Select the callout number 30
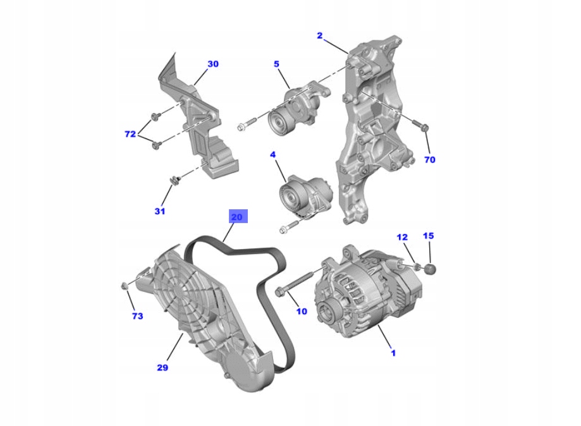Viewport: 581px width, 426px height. click(213, 64)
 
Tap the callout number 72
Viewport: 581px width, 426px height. click(130, 134)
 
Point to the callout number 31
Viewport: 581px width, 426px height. click(160, 211)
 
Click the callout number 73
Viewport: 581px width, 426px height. click(137, 315)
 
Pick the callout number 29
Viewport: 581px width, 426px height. click(162, 367)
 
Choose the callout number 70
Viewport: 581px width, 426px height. click(429, 160)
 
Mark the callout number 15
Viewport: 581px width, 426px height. click(428, 236)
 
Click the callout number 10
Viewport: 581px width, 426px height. click(302, 312)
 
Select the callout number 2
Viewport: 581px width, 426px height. click(320, 36)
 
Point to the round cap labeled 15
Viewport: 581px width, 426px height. click(431, 271)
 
